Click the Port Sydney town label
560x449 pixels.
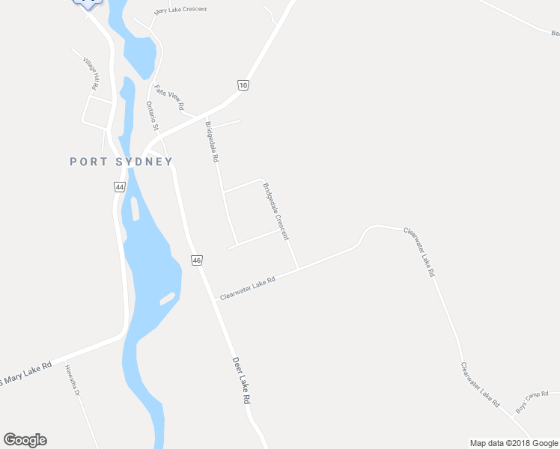[x=121, y=162]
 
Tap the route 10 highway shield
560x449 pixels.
[x=243, y=85]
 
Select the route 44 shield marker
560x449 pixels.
[x=119, y=186]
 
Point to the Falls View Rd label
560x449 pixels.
[x=169, y=97]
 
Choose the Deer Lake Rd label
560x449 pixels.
[x=240, y=380]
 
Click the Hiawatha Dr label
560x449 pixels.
[x=72, y=380]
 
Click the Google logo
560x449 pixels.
[x=25, y=440]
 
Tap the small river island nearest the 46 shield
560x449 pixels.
[x=167, y=298]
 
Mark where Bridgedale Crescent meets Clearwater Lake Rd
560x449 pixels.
[x=298, y=268]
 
